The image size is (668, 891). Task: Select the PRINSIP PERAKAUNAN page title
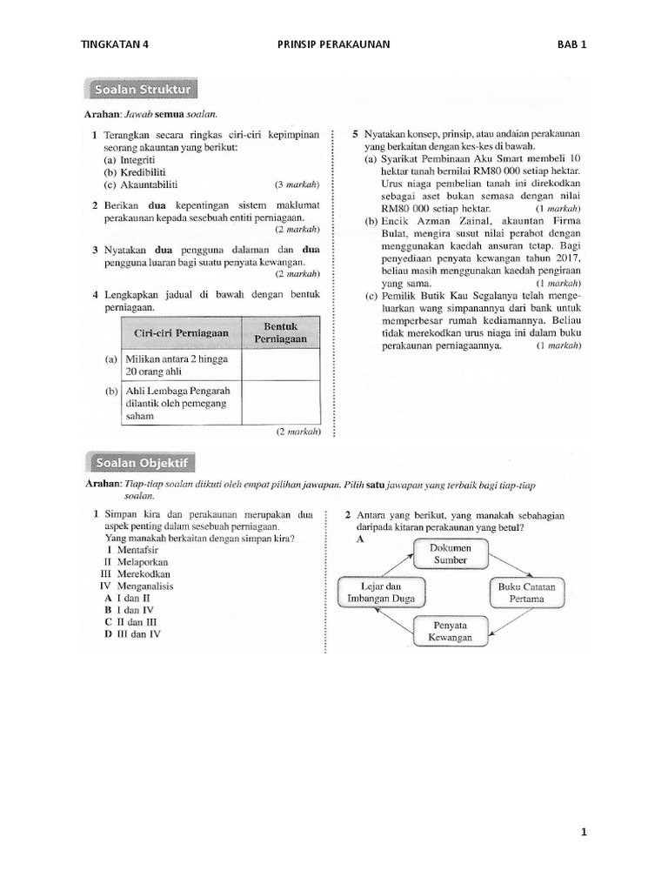[333, 44]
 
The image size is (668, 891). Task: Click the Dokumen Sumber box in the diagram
[451, 553]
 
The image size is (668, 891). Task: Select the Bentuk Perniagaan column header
[281, 332]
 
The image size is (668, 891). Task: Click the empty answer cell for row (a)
[281, 365]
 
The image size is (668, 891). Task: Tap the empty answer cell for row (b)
[281, 403]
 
